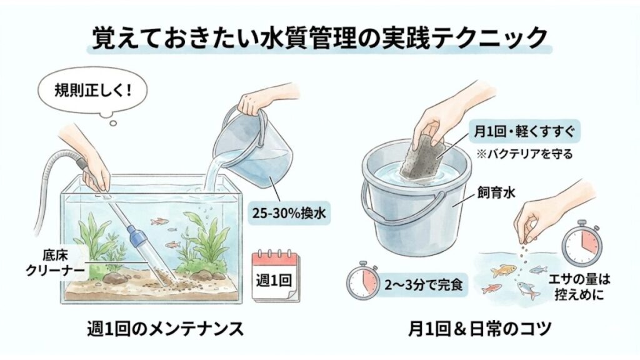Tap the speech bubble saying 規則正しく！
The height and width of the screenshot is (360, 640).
[86, 90]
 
